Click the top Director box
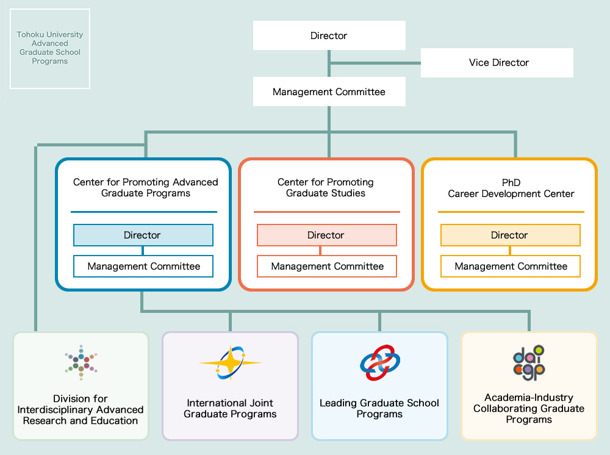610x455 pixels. (329, 35)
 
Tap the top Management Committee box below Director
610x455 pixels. (329, 92)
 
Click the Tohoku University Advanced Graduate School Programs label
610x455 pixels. (50, 48)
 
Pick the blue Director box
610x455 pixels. (143, 235)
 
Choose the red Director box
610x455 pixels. (326, 235)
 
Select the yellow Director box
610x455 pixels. (510, 235)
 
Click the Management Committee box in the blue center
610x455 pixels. (143, 266)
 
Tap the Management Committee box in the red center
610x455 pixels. (327, 266)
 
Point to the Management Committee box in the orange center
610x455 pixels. (511, 266)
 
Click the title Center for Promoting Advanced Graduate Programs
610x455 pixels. (145, 188)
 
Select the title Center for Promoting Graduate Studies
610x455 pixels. (326, 188)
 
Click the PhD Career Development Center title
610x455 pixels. (511, 188)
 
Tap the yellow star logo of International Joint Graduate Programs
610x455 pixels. (231, 364)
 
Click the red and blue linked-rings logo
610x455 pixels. (379, 364)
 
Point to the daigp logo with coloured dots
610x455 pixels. (528, 363)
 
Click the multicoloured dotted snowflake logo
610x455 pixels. (81, 363)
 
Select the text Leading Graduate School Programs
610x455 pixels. (379, 409)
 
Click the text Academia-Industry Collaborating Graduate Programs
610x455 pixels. (529, 409)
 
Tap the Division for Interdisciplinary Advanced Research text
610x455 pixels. (81, 410)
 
